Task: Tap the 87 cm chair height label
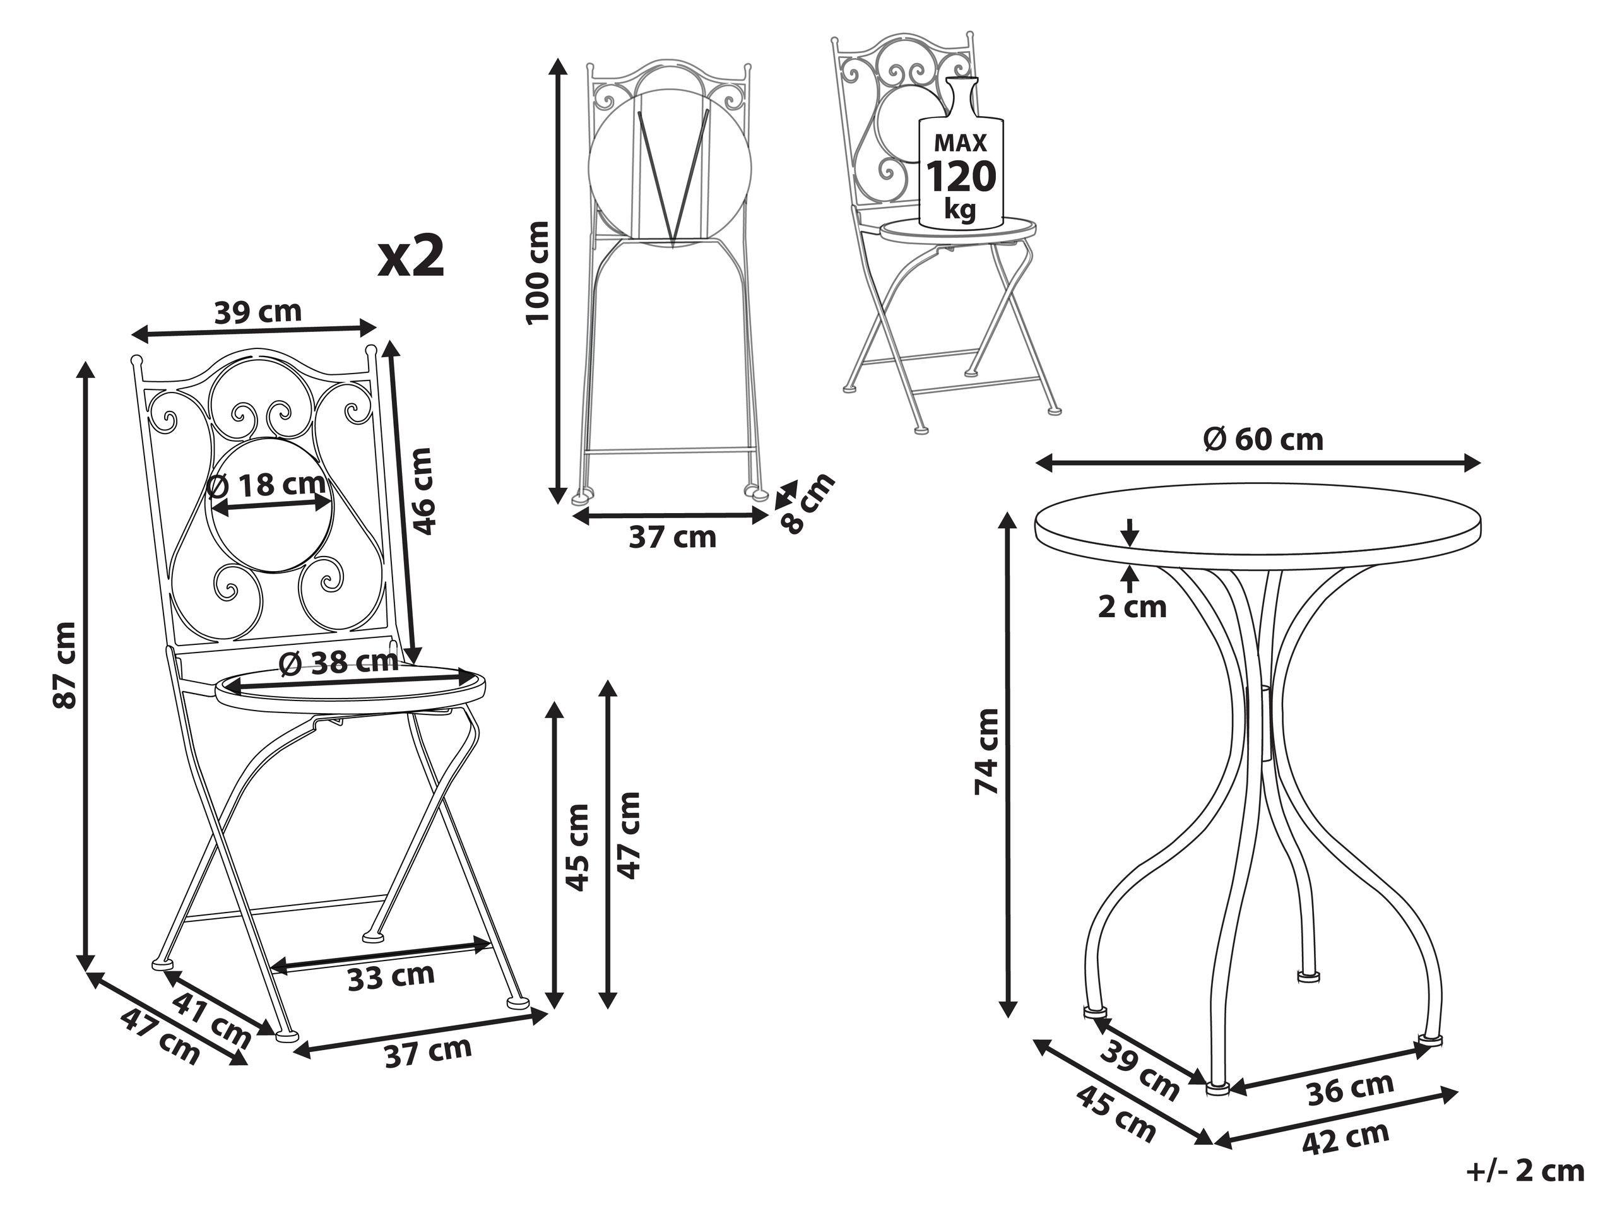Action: [65, 665]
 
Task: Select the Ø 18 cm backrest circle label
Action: [266, 484]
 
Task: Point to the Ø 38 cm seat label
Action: [340, 662]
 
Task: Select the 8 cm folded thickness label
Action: [805, 503]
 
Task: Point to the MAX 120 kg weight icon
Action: [961, 164]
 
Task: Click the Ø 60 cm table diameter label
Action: [1262, 439]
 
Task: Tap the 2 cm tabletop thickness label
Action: [1132, 606]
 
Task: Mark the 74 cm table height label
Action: [986, 750]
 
